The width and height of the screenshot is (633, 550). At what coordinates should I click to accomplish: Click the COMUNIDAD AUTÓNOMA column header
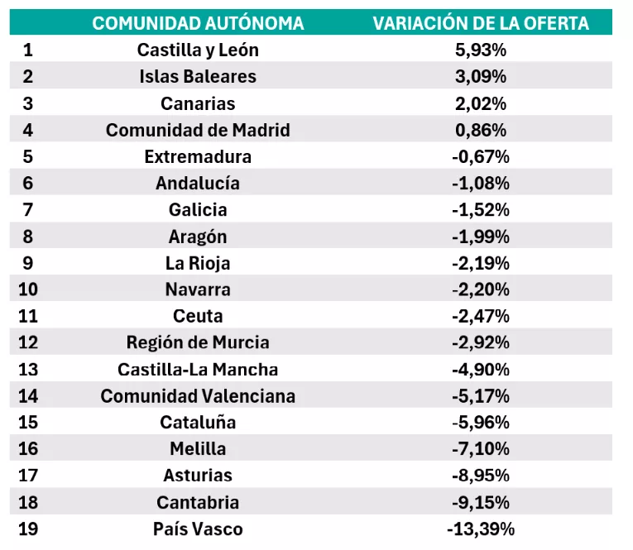198,23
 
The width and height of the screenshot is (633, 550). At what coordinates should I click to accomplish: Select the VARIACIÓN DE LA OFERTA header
481,23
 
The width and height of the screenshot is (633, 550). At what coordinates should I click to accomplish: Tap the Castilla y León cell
198,50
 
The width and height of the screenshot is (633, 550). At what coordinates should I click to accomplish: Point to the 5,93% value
481,50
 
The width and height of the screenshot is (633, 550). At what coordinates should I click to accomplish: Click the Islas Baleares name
198,76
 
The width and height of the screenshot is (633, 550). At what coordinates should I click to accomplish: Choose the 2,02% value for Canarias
481,103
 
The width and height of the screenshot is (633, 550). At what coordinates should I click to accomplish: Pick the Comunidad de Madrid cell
198,130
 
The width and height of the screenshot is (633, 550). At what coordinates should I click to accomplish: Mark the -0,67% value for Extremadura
481,156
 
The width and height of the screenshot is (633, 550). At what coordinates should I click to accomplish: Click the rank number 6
28,183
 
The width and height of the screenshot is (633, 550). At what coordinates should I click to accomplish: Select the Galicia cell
198,210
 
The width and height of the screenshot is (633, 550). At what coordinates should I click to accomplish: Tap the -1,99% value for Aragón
481,237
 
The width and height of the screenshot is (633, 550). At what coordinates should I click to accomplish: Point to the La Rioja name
198,263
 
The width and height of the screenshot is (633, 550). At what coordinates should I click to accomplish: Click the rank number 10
28,289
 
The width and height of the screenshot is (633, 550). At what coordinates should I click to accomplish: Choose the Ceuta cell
198,316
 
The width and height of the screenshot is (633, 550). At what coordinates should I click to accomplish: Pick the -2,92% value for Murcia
481,342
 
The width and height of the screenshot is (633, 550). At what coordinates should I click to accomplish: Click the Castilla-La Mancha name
198,369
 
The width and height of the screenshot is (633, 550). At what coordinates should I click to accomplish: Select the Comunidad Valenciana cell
198,396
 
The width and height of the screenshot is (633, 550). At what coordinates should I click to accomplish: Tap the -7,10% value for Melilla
481,449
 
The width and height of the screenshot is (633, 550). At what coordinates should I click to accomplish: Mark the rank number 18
28,502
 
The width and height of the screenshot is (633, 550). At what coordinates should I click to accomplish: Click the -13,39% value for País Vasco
481,528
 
